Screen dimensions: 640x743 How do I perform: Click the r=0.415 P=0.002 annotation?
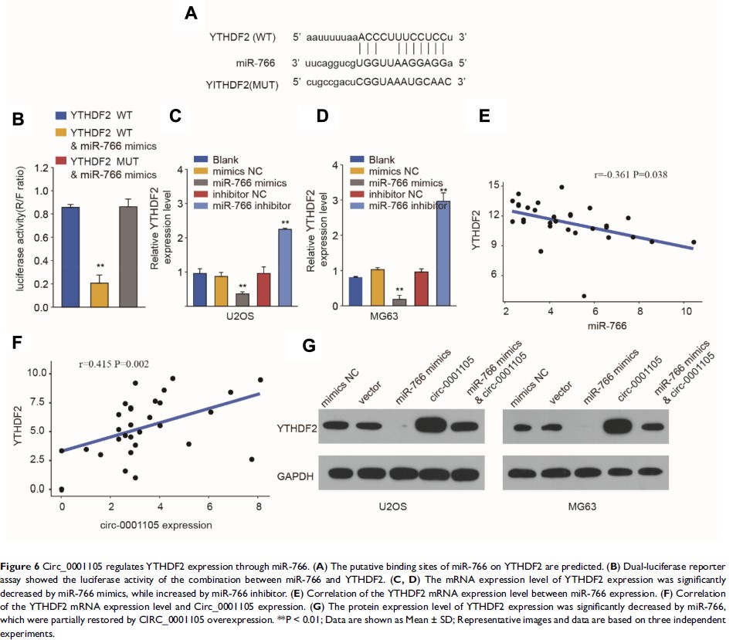pos(116,362)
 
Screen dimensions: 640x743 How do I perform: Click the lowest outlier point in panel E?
pos(584,296)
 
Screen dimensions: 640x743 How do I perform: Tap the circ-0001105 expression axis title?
pos(160,525)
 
